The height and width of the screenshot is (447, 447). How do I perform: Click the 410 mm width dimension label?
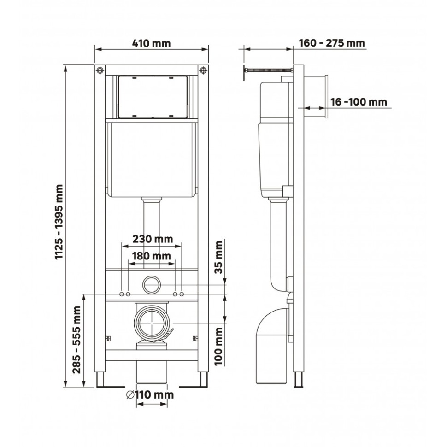pyautogui.click(x=151, y=44)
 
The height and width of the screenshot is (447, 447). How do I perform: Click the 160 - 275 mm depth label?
pyautogui.click(x=332, y=43)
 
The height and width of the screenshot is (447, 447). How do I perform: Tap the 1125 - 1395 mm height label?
pyautogui.click(x=59, y=223)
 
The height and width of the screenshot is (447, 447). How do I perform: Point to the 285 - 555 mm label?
pyautogui.click(x=77, y=340)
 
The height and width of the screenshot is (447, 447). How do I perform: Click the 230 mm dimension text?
pyautogui.click(x=153, y=239)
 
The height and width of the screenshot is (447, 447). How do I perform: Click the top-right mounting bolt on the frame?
pyautogui.click(x=203, y=70)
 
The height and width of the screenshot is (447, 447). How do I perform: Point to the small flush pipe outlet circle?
pyautogui.click(x=151, y=284)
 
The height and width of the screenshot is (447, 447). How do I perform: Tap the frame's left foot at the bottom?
pyautogui.click(x=100, y=380)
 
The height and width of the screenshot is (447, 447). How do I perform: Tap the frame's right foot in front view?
pyautogui.click(x=203, y=380)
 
